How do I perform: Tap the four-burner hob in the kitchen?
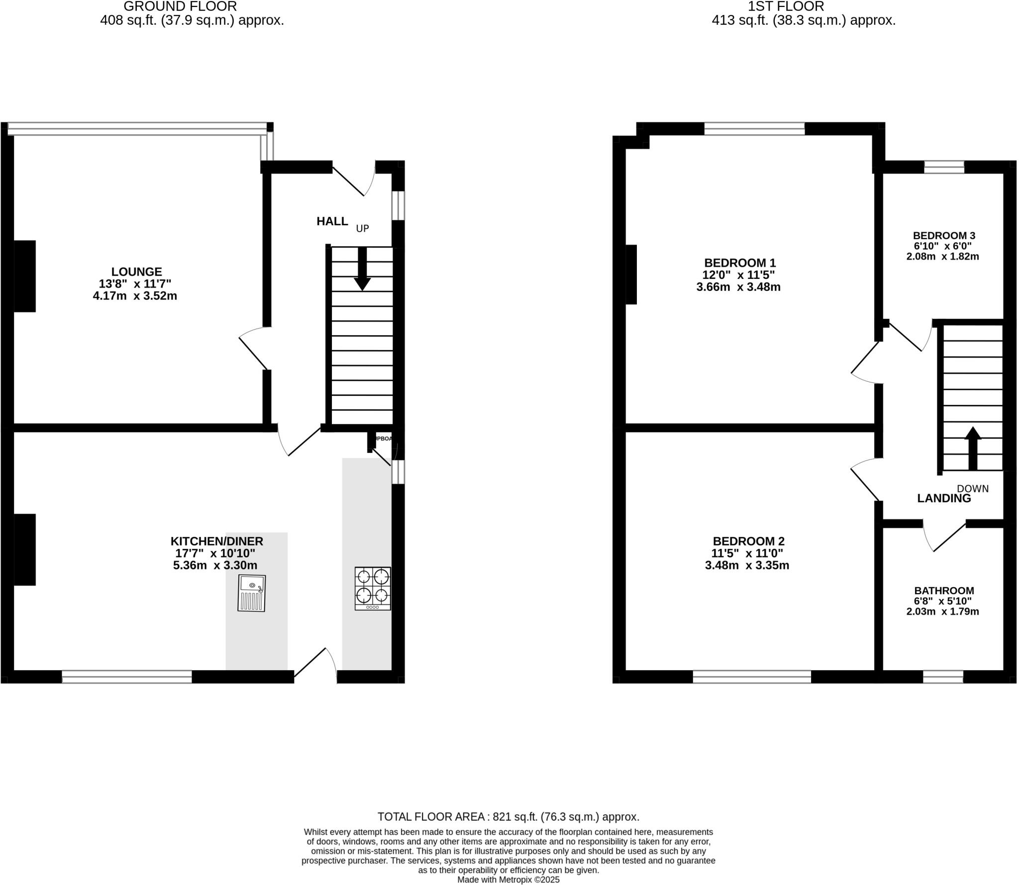tap(373, 588)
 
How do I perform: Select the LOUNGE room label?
tap(136, 272)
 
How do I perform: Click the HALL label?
tap(332, 222)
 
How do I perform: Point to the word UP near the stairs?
tap(362, 229)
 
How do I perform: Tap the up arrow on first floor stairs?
tap(973, 447)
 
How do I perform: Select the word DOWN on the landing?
tap(973, 489)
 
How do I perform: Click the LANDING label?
tap(944, 499)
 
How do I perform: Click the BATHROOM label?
tap(944, 591)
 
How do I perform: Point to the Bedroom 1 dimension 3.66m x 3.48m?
tap(738, 287)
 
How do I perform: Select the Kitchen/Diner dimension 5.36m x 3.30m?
tap(215, 565)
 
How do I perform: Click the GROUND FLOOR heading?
tap(180, 6)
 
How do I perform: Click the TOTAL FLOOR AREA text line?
tap(508, 816)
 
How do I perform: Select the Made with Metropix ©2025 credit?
tap(509, 880)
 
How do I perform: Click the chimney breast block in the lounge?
tap(24, 276)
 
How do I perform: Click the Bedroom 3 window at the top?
tap(944, 167)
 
